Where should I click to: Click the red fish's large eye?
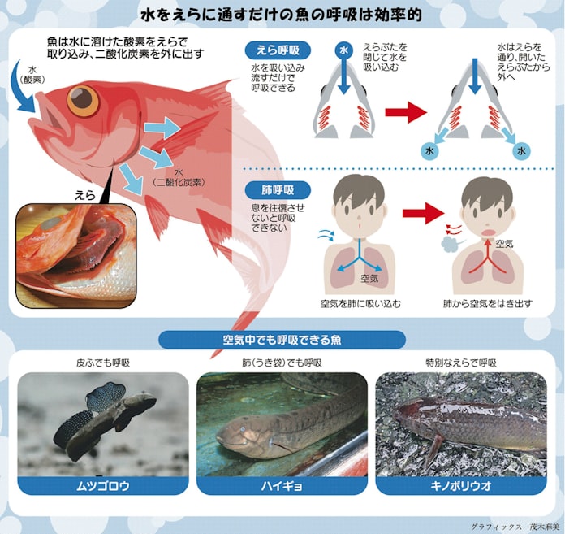click(84, 100)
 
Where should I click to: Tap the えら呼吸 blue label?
click(278, 50)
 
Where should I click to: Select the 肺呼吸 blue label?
click(278, 190)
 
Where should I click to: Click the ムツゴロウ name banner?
click(103, 486)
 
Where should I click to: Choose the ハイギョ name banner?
click(282, 486)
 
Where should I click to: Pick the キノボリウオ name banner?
click(461, 486)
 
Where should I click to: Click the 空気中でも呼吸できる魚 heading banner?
click(282, 340)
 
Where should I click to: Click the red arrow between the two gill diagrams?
click(406, 113)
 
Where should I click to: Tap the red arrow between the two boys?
click(423, 213)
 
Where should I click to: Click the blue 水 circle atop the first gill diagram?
click(344, 50)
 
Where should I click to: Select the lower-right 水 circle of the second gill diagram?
click(522, 151)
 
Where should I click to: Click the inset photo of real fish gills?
click(76, 255)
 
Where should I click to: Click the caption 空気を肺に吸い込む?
click(360, 304)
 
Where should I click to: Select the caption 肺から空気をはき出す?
click(488, 304)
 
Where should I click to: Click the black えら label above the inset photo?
click(84, 195)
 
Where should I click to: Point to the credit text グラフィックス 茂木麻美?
click(516, 527)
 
